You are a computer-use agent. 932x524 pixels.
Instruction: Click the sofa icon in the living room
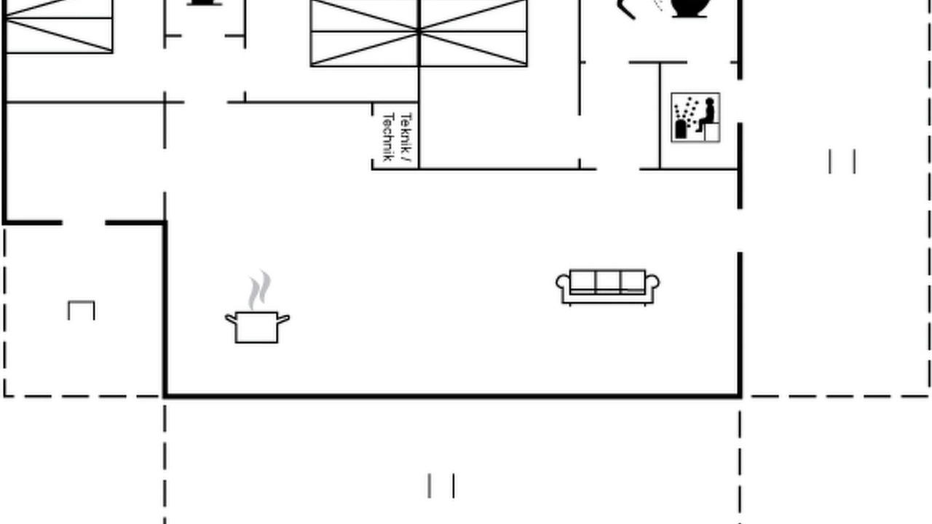pyautogui.click(x=607, y=287)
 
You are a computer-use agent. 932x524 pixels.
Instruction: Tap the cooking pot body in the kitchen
pyautogui.click(x=256, y=327)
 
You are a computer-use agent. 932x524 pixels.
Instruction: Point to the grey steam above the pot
pyautogui.click(x=260, y=290)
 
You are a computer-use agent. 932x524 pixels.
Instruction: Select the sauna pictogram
pyautogui.click(x=695, y=118)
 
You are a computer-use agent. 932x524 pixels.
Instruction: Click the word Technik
pyautogui.click(x=388, y=137)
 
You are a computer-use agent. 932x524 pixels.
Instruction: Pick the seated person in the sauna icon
pyautogui.click(x=706, y=114)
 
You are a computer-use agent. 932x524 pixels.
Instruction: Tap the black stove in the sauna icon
pyautogui.click(x=681, y=129)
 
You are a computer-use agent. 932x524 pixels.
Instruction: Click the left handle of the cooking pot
pyautogui.click(x=231, y=319)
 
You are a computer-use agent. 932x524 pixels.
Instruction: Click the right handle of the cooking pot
pyautogui.click(x=283, y=319)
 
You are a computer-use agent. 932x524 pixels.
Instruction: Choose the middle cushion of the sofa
pyautogui.click(x=608, y=281)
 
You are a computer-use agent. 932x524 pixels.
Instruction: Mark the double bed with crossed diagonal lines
pyautogui.click(x=419, y=33)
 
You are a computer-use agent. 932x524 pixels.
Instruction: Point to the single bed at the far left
pyautogui.click(x=59, y=26)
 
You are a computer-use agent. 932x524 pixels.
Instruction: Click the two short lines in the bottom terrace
pyautogui.click(x=441, y=485)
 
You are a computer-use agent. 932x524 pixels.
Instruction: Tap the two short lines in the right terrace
pyautogui.click(x=842, y=162)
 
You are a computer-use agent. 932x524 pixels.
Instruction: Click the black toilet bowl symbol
pyautogui.click(x=690, y=8)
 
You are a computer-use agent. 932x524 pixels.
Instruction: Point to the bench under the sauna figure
pyautogui.click(x=711, y=132)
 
